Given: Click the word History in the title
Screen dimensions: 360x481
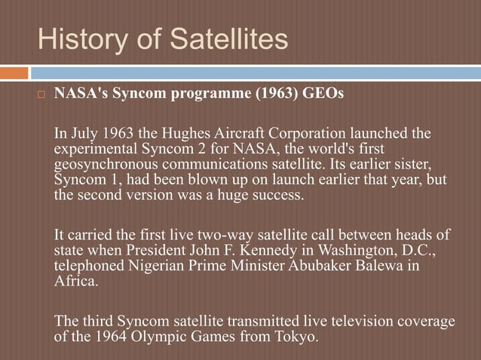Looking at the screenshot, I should click(84, 39).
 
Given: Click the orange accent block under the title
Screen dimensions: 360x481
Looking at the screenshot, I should click(14, 73).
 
